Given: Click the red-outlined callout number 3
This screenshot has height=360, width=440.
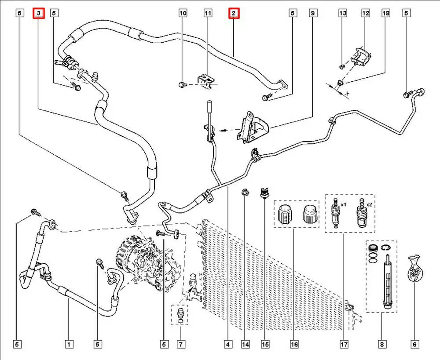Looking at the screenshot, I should [x=40, y=14].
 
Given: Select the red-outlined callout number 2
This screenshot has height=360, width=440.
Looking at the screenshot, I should [x=233, y=14].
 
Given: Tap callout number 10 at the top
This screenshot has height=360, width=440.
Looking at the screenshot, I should [x=183, y=14].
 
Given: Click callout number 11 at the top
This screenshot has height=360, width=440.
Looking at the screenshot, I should [x=208, y=14].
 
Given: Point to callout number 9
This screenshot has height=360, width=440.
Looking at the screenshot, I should [x=313, y=14].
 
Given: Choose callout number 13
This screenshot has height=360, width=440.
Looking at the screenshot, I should [x=343, y=14].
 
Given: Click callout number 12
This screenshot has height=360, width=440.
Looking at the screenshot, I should [x=366, y=14].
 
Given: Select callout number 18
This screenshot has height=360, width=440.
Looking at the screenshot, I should [x=386, y=14].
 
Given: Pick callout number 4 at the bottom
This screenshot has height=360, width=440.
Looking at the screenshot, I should [x=228, y=344].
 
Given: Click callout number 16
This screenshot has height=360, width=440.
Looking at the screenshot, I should [x=294, y=344].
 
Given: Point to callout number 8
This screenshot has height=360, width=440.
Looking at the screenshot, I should [x=381, y=344].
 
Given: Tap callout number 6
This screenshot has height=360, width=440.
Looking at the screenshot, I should [x=414, y=344].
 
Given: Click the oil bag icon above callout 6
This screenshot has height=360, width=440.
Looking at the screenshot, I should [x=415, y=268].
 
